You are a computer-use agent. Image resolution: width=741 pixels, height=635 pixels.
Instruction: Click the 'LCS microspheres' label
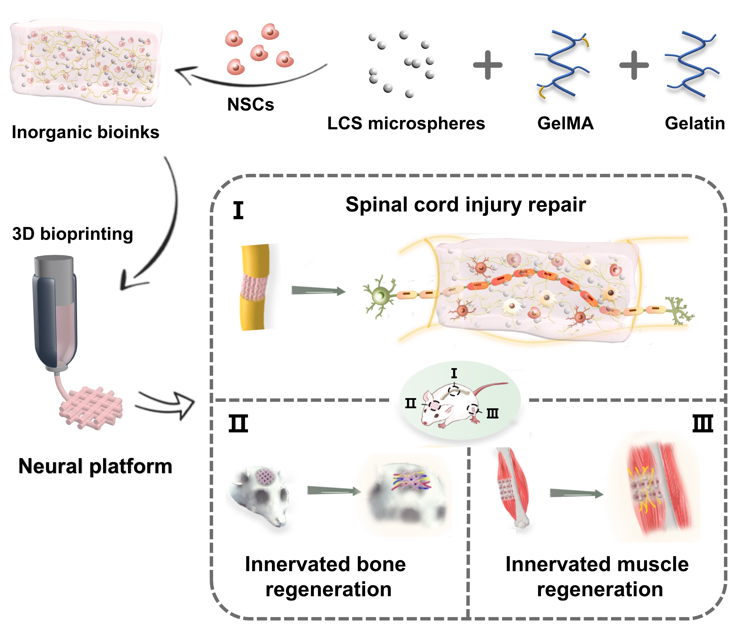pyautogui.click(x=406, y=123)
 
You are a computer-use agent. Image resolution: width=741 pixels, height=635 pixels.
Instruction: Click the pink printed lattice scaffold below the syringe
pyautogui.click(x=91, y=408)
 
